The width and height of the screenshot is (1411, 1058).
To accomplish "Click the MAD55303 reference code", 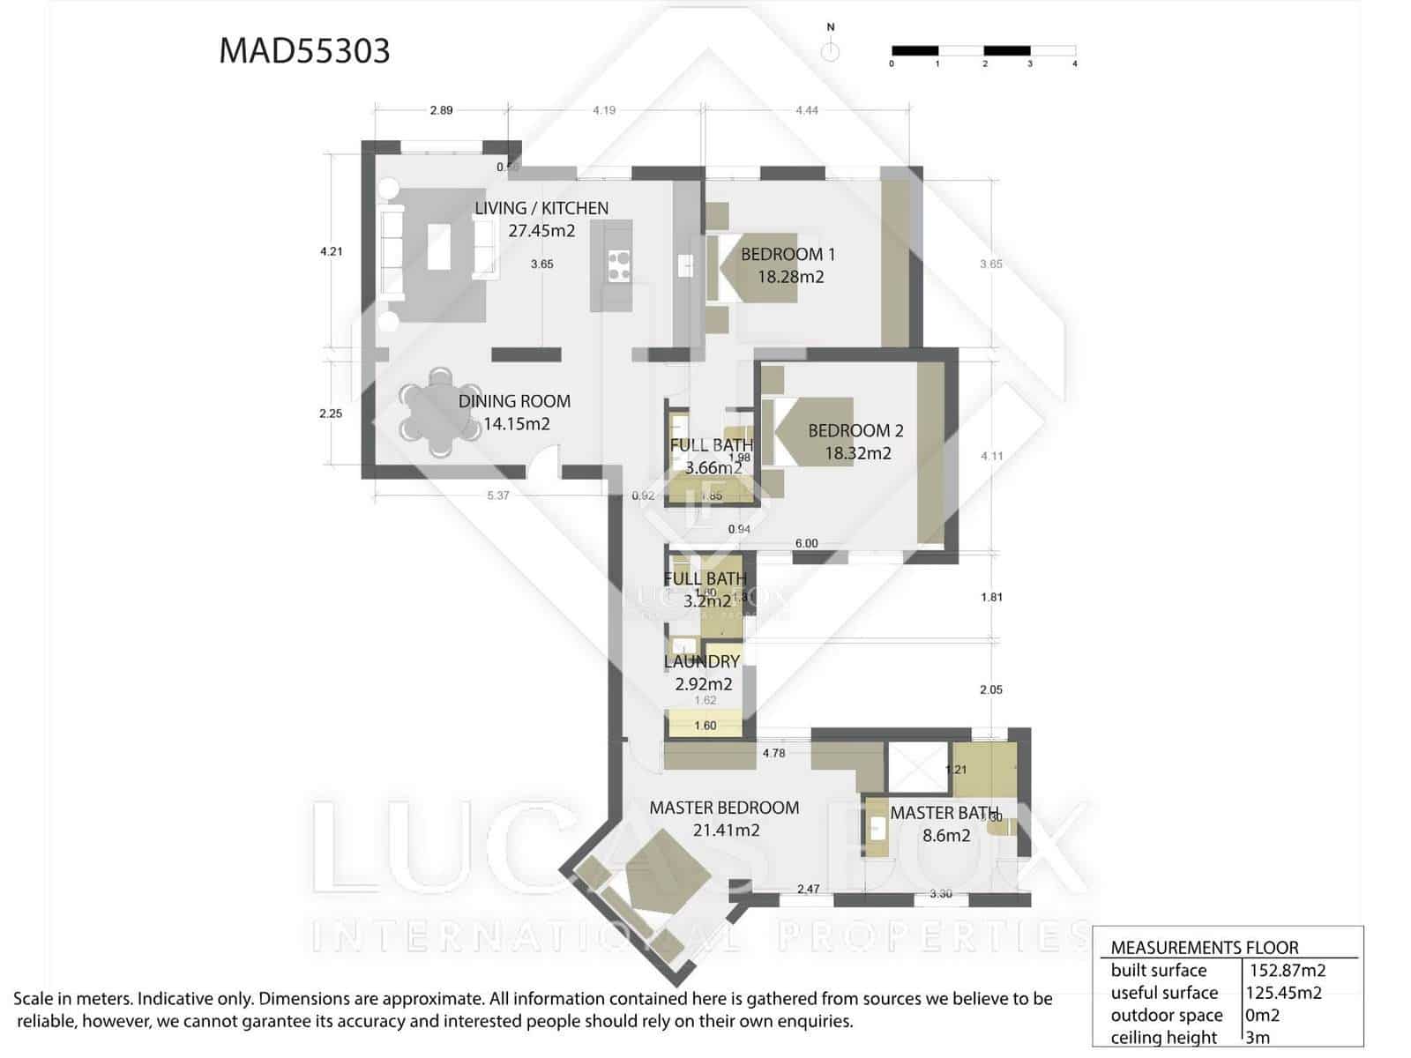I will pyautogui.click(x=304, y=51).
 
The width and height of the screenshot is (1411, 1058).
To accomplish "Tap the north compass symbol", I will pyautogui.click(x=830, y=50).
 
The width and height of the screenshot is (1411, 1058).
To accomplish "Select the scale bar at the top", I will pyautogui.click(x=982, y=51).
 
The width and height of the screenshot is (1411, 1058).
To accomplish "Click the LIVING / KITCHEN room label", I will pyautogui.click(x=541, y=208).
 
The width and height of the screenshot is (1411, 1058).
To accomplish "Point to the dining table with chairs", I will pyautogui.click(x=437, y=413).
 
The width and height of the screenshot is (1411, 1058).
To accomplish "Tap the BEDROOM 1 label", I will pyautogui.click(x=788, y=254).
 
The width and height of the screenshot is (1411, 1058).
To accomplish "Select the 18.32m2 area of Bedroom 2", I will pyautogui.click(x=857, y=453).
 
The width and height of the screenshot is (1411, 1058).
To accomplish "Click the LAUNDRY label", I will pyautogui.click(x=701, y=661).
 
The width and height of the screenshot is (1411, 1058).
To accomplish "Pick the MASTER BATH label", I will pyautogui.click(x=944, y=813).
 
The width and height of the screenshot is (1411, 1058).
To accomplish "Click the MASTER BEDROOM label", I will pyautogui.click(x=724, y=808).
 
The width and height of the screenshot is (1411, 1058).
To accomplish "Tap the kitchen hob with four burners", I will pyautogui.click(x=619, y=265).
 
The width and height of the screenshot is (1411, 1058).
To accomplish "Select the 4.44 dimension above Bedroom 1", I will pyautogui.click(x=806, y=110).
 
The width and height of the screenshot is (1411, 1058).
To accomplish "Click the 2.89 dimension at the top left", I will pyautogui.click(x=441, y=110).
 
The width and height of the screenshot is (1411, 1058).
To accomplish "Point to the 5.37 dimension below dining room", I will pyautogui.click(x=498, y=495).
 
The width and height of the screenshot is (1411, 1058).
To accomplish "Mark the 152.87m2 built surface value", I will pyautogui.click(x=1287, y=970).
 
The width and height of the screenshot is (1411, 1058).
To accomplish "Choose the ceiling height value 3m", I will pyautogui.click(x=1258, y=1038).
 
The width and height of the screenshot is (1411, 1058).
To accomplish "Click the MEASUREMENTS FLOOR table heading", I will pyautogui.click(x=1204, y=948).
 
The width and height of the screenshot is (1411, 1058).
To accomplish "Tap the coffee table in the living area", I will pyautogui.click(x=439, y=246).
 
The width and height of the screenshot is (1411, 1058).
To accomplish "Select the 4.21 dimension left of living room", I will pyautogui.click(x=331, y=251).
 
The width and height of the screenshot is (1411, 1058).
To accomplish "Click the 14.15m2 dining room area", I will pyautogui.click(x=516, y=423).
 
